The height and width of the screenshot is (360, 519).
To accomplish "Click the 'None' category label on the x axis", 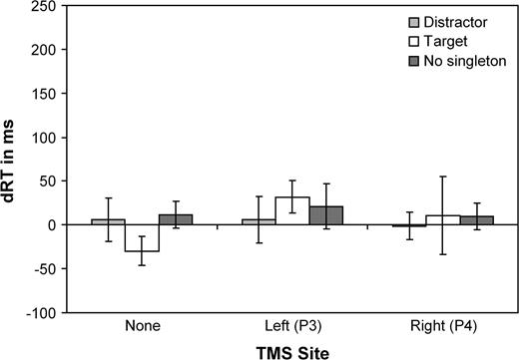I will pyautogui.click(x=141, y=325).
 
